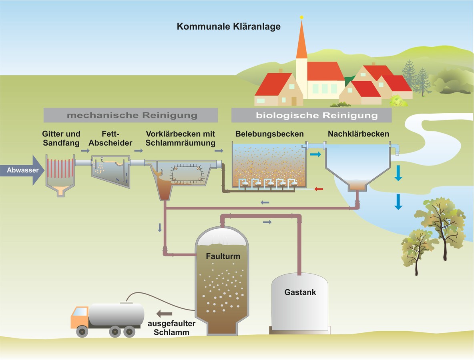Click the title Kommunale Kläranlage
pos(229,27)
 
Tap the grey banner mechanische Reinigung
pos(132,116)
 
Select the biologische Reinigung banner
pos(311,116)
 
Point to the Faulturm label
pos(223,256)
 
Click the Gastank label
pos(300,292)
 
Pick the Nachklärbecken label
pos(358,134)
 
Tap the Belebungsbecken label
pos(269,134)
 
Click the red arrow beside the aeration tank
pos(319,188)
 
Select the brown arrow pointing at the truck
pos(164,314)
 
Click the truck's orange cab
pos(79,316)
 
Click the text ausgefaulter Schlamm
pos(168,328)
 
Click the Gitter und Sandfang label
pos(61,138)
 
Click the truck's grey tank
pos(116,314)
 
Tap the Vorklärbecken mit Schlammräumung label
pos(181,138)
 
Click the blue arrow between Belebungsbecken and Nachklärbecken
pos(315,154)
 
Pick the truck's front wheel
pos(82,331)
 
